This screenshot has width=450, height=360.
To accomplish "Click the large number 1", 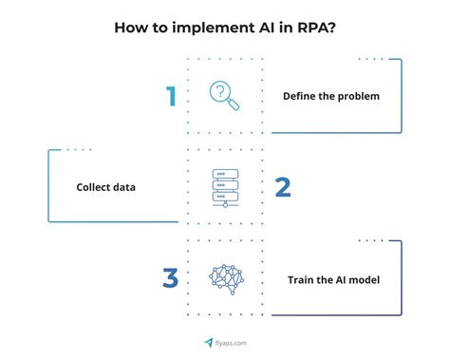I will tap(171, 97).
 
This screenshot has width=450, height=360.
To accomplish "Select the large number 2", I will tap(282, 187).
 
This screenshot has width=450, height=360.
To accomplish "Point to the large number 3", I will tap(170, 278).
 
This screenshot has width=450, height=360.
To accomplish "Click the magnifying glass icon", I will tap(224, 96).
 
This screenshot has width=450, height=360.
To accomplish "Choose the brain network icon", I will tap(226, 278).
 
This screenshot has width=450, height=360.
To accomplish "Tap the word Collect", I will tap(94, 188).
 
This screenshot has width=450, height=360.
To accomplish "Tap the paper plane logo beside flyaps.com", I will tap(208, 343).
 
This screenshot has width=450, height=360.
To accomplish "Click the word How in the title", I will tap(130, 27).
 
